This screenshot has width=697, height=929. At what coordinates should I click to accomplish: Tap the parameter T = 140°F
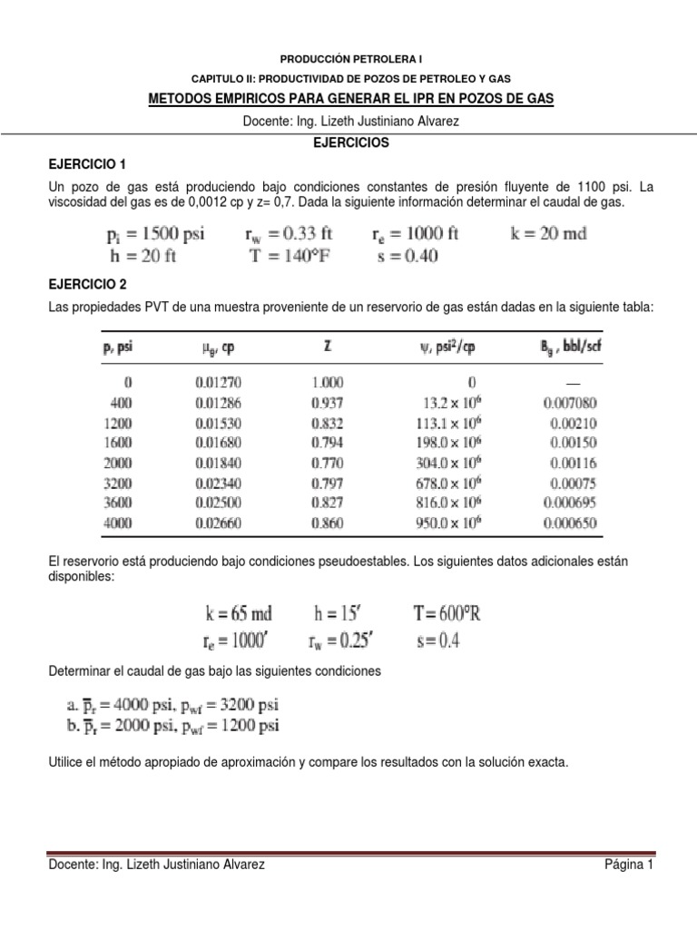click(x=290, y=256)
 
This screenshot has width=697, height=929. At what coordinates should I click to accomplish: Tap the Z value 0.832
click(x=325, y=422)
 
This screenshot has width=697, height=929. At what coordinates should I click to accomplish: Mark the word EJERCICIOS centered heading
click(x=349, y=143)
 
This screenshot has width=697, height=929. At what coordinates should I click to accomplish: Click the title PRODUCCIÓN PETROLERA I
click(x=349, y=57)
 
